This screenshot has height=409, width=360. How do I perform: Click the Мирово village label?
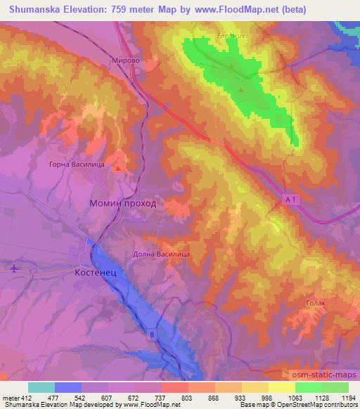tap(126, 61)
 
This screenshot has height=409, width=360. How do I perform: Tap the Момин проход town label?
tap(123, 203)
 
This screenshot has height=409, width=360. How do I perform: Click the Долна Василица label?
tap(162, 255)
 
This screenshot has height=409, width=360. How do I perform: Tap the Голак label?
tap(316, 303)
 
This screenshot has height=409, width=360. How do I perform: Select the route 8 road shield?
tap(151, 335)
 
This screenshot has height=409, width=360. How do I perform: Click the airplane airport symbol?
tap(14, 268)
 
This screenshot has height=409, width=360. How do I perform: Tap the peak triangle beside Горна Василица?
tap(118, 168)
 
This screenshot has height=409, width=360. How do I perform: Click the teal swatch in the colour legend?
tap(41, 387)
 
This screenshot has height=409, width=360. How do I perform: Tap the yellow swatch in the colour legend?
tap(281, 387)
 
